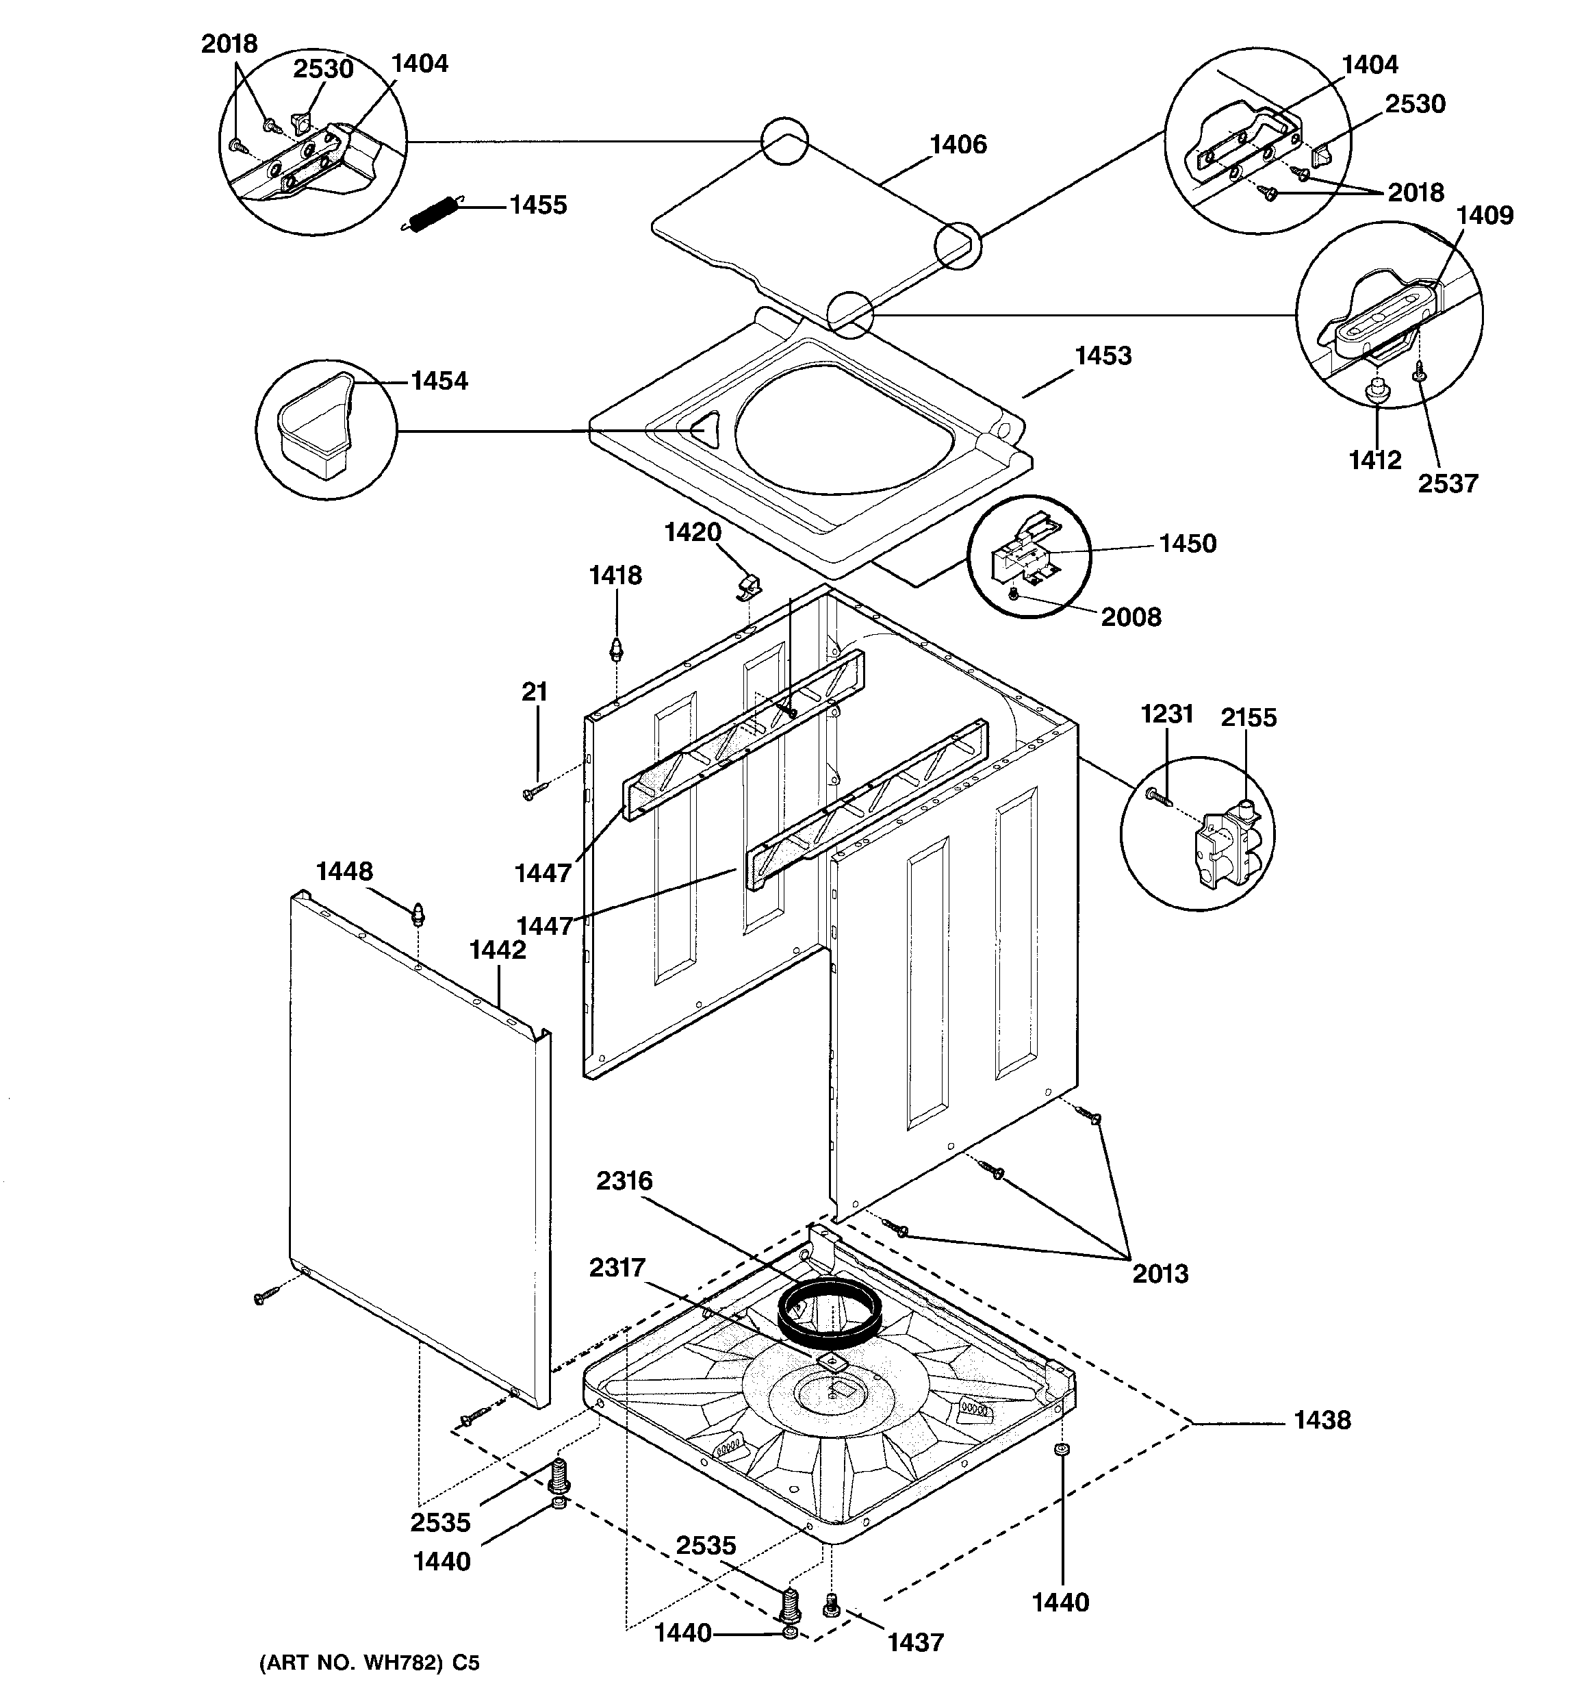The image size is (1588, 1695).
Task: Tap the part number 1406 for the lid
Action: click(x=958, y=145)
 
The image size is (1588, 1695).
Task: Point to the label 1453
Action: click(x=1103, y=356)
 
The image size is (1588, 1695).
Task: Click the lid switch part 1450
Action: click(x=1023, y=554)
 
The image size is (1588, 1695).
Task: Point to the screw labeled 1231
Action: click(x=1157, y=796)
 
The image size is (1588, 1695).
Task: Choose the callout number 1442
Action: click(x=498, y=950)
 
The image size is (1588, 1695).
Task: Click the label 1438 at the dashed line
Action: click(x=1321, y=1420)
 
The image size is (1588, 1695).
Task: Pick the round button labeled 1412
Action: click(x=1375, y=394)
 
